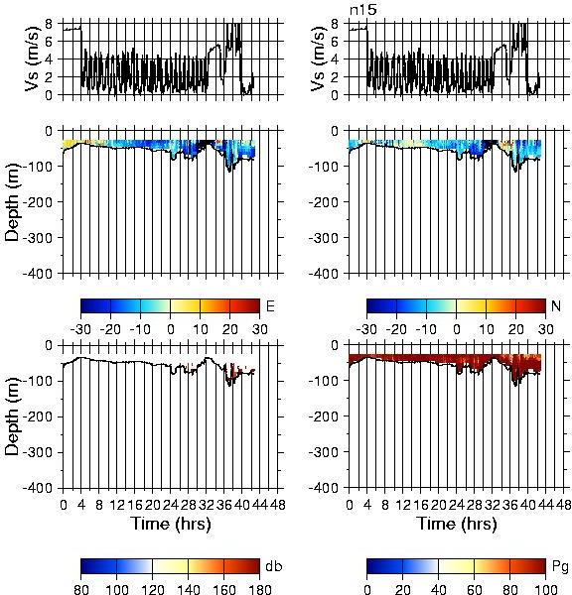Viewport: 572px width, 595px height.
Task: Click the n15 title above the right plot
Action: click(x=363, y=9)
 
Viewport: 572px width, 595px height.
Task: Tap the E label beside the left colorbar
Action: click(x=270, y=306)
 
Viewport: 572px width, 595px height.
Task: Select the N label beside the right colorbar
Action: click(x=556, y=305)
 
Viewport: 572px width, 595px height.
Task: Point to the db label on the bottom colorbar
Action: click(x=274, y=566)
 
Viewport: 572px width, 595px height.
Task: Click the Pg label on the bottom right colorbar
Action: click(x=560, y=567)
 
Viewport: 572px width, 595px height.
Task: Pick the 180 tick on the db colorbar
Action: click(x=259, y=589)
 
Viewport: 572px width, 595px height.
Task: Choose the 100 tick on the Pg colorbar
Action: click(x=545, y=589)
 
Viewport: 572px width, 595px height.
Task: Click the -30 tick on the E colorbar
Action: click(x=80, y=329)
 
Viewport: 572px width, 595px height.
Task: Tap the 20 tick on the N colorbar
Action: click(x=515, y=329)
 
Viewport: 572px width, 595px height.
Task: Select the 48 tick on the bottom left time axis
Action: click(x=277, y=505)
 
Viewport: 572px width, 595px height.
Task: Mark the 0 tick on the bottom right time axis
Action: click(x=350, y=505)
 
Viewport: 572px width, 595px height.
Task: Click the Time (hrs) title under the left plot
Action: click(x=171, y=524)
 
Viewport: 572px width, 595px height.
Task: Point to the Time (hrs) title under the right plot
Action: click(x=457, y=524)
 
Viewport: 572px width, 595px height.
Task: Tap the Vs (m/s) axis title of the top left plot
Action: click(x=33, y=59)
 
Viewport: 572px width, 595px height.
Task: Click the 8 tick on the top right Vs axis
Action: click(x=335, y=24)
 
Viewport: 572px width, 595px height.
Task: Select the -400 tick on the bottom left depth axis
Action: click(x=38, y=488)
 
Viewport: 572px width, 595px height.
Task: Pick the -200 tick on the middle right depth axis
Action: click(x=323, y=202)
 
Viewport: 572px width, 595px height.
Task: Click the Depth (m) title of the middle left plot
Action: click(x=12, y=202)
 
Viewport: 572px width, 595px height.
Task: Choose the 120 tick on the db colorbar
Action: click(x=152, y=589)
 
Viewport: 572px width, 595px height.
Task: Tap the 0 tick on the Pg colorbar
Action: click(x=366, y=589)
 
